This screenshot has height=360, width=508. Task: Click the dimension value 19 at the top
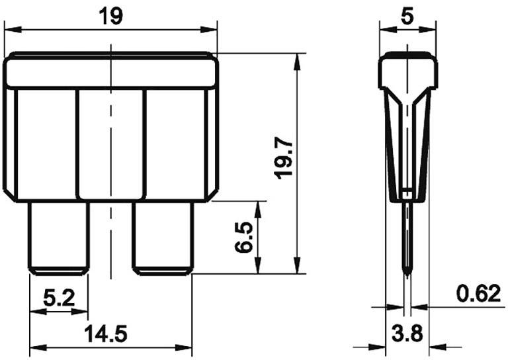coord(110,15)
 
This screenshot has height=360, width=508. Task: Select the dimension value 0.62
coord(478,293)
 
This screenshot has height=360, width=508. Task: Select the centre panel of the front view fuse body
coord(110,142)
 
